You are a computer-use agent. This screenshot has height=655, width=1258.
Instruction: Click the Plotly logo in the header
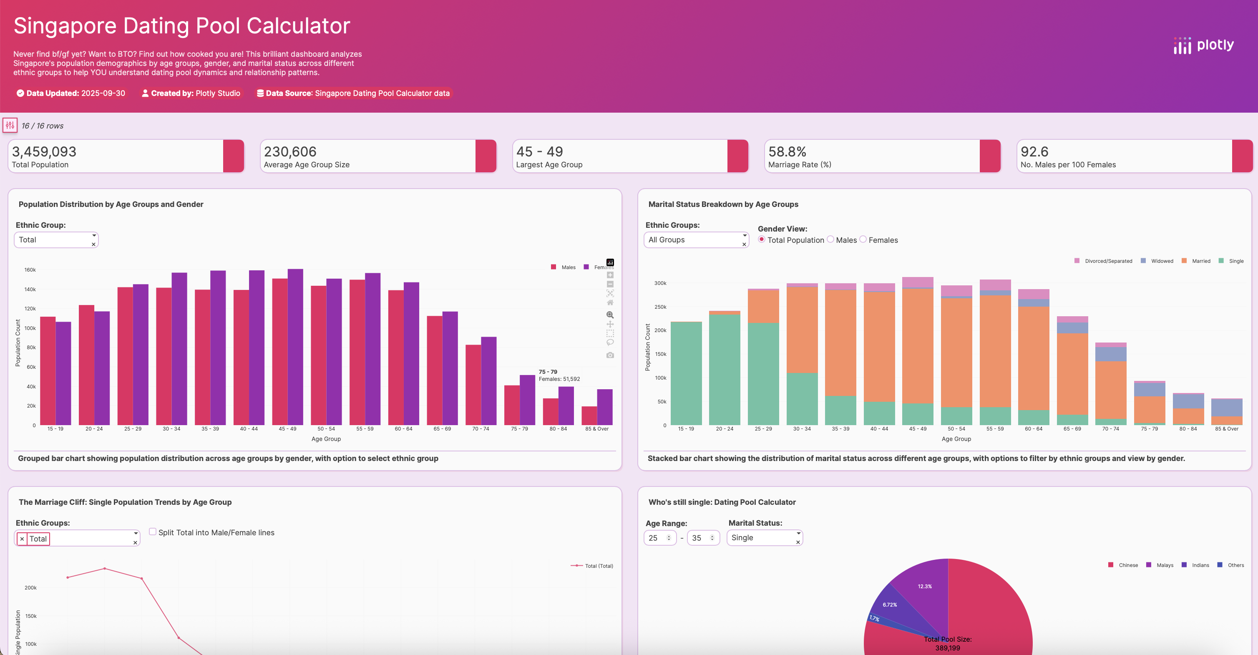(x=1203, y=45)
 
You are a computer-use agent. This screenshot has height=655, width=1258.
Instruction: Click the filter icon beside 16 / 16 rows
(x=10, y=125)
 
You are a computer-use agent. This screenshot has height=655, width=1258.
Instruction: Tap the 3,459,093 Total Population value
(x=44, y=151)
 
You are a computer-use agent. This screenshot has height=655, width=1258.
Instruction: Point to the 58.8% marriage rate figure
(x=787, y=151)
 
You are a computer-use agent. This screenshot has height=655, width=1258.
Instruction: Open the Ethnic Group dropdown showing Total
(x=55, y=240)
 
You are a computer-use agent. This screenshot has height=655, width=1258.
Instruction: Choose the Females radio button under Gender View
(x=863, y=239)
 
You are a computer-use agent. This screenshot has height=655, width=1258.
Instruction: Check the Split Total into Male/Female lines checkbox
(x=153, y=532)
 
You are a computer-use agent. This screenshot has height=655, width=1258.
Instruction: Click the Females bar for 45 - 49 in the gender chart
(x=295, y=347)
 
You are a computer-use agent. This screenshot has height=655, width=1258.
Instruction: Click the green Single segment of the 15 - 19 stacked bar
(x=686, y=374)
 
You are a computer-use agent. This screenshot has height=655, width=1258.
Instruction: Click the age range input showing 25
(x=656, y=538)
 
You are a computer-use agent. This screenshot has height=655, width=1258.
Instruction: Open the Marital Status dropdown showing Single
(x=764, y=538)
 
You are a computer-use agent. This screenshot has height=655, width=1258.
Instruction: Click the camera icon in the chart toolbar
(x=610, y=355)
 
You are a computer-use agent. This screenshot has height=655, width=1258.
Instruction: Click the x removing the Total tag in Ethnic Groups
(x=22, y=539)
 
